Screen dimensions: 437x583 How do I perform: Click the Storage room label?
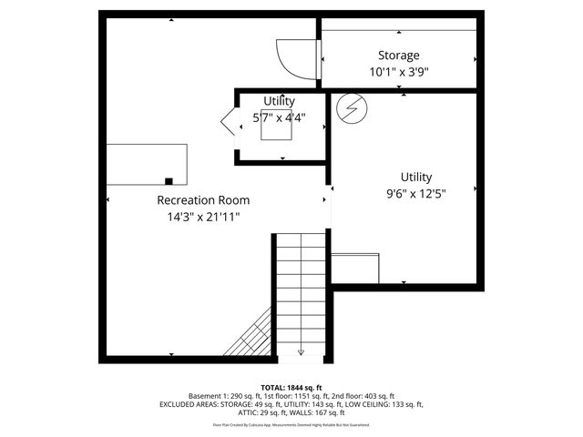point(399,56)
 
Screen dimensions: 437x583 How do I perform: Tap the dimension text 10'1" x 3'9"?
point(399,71)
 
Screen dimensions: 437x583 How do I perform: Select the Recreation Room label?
point(203,200)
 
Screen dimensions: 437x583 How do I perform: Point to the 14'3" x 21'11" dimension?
point(203,217)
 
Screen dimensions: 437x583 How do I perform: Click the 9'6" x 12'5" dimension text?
point(416,192)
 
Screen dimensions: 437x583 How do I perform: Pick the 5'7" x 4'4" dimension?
point(279,117)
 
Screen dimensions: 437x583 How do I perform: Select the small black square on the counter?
point(169,180)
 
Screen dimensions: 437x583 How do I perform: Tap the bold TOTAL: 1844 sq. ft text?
point(291,388)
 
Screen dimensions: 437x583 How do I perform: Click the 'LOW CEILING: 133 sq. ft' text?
point(384,403)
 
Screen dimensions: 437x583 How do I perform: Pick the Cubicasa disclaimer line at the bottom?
point(291,424)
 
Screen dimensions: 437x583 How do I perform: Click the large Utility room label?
point(416,177)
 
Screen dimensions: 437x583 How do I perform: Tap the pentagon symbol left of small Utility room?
point(227,122)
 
